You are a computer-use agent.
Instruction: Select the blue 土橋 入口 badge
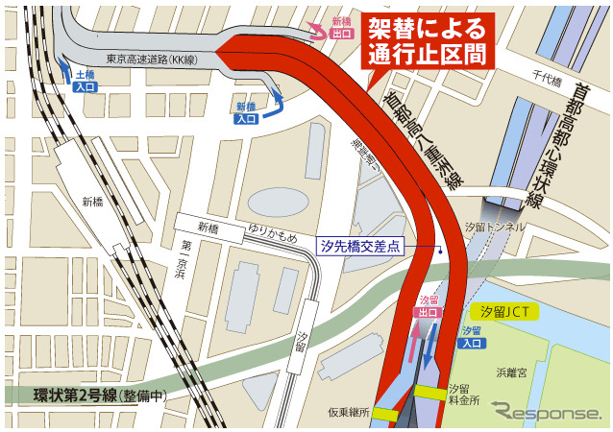tap(85, 81)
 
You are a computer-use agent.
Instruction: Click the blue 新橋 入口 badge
tap(246, 113)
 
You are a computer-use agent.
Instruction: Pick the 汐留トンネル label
tap(494, 227)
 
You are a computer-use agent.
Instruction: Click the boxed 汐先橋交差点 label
tap(361, 247)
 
